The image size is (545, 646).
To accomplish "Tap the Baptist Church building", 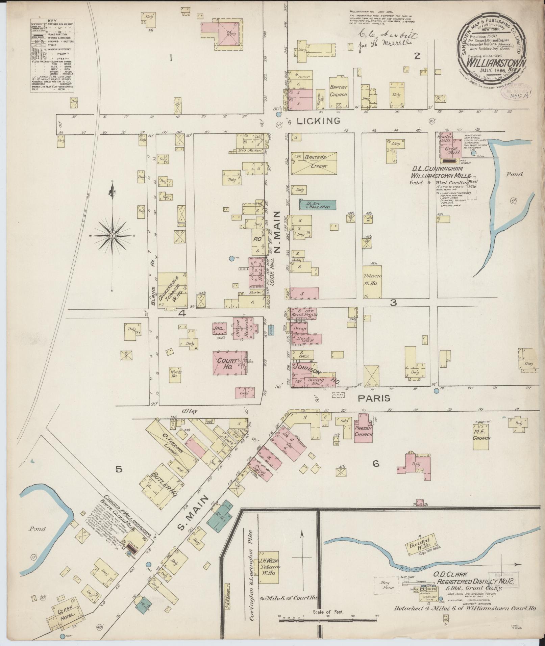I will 339,91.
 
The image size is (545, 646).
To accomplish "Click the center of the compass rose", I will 112,235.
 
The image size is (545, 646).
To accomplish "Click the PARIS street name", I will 374,398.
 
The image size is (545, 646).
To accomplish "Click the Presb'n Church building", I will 363,432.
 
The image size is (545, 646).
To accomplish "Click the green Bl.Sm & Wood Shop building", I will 317,204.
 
